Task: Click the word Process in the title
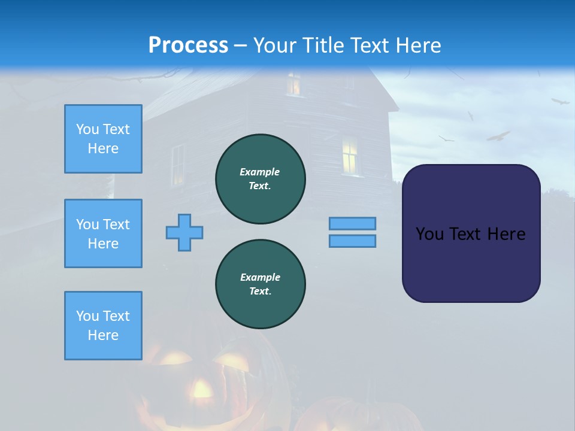click(x=188, y=45)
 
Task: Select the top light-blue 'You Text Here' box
click(x=103, y=139)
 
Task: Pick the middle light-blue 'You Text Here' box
click(x=103, y=233)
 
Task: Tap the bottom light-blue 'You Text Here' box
click(x=103, y=326)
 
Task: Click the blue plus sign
click(x=184, y=232)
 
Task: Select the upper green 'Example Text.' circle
click(x=261, y=179)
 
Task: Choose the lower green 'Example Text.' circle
click(x=261, y=284)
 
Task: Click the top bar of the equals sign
click(x=353, y=223)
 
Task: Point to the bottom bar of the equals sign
click(x=353, y=241)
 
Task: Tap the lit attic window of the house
click(x=293, y=84)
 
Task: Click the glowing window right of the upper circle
click(x=350, y=156)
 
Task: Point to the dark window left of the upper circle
click(x=178, y=165)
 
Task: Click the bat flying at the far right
click(x=561, y=102)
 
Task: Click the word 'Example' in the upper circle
click(x=260, y=172)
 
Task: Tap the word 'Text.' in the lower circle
click(x=260, y=292)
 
